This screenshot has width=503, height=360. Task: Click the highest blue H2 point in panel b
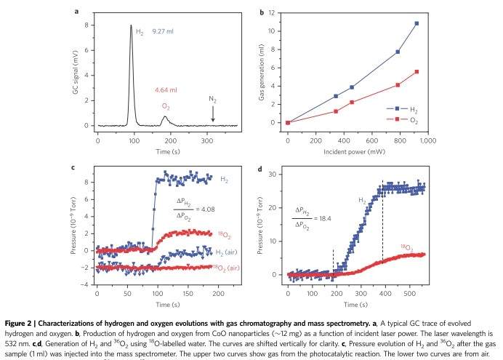coord(417,23)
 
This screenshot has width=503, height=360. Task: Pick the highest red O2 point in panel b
coord(417,71)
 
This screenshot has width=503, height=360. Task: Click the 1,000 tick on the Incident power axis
coord(425,137)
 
